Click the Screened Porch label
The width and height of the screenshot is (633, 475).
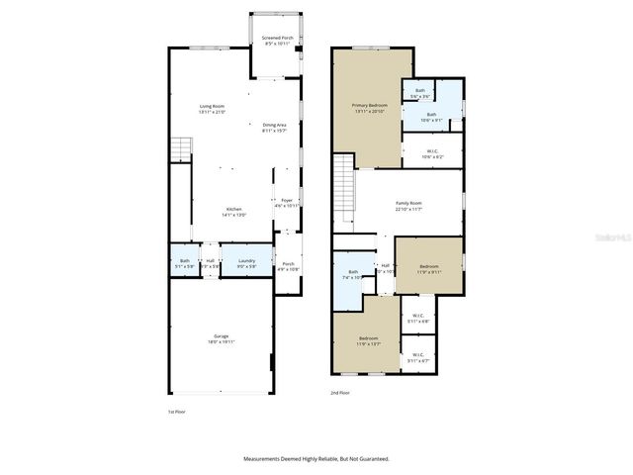(276, 42)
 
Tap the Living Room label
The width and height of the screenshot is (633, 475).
(212, 109)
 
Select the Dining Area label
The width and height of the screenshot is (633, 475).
(274, 128)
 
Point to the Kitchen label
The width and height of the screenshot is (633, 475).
(233, 211)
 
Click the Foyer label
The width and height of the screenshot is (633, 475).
(287, 203)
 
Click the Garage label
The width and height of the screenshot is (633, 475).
(221, 338)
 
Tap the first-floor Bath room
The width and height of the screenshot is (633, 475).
(184, 263)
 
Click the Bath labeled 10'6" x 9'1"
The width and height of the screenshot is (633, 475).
(431, 117)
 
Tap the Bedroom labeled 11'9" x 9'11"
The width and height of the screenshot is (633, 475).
(428, 268)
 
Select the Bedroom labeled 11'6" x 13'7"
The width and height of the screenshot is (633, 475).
(368, 341)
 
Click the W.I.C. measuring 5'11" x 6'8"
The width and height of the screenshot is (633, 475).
(417, 319)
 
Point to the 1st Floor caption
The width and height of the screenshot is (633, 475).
(176, 412)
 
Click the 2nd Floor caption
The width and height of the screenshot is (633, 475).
(340, 393)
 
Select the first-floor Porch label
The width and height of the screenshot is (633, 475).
(288, 266)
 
